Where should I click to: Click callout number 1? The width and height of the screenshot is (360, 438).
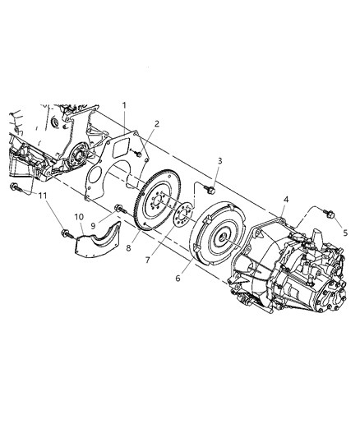click(x=124, y=105)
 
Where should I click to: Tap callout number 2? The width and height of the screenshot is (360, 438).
click(x=157, y=124)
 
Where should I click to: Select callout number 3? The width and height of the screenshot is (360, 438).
click(x=219, y=161)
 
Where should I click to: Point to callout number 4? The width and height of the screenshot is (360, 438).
click(x=286, y=199)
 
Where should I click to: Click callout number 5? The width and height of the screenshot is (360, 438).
click(x=345, y=233)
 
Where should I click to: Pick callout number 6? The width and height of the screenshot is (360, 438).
click(x=178, y=279)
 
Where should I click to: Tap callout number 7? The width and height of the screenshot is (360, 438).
click(x=147, y=260)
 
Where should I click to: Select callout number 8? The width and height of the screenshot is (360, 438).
click(x=128, y=248)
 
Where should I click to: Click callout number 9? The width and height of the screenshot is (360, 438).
click(x=93, y=225)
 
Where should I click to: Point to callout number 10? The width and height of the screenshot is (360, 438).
click(x=79, y=217)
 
